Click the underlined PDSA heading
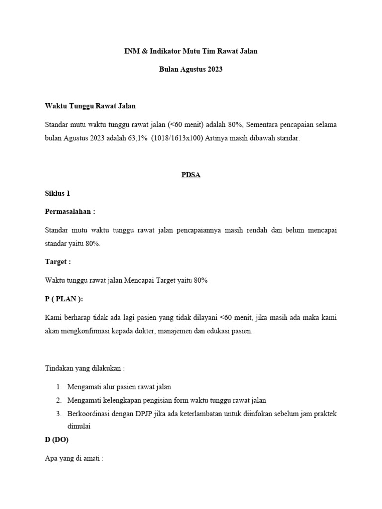click(x=191, y=175)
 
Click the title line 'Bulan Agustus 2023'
click(x=191, y=69)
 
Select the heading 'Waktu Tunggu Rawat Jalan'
click(x=90, y=106)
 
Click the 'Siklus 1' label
click(x=59, y=194)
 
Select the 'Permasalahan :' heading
click(x=70, y=211)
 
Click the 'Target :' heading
click(x=58, y=261)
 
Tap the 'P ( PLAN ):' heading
click(x=64, y=298)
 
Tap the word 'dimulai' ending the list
click(x=79, y=426)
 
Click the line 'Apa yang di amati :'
click(x=74, y=459)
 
